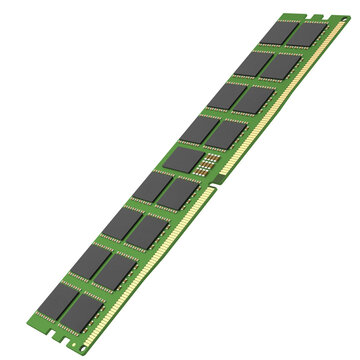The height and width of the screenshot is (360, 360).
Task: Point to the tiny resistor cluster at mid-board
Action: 209,164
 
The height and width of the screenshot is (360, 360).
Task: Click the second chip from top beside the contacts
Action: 284,67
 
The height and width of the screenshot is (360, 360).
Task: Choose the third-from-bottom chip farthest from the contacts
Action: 119,224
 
